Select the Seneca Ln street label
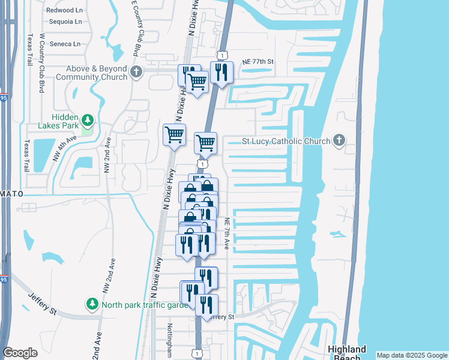tap(64, 44)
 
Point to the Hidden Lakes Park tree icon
tap(88, 121)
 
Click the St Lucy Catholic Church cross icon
tap(339, 141)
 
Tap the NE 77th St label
tap(258, 62)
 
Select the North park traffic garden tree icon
tap(92, 304)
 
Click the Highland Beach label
tap(347, 353)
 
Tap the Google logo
tap(20, 353)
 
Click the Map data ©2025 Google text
tap(411, 355)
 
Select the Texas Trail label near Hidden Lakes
tap(27, 157)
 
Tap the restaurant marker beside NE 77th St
tap(221, 73)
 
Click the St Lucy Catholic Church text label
tap(286, 141)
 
